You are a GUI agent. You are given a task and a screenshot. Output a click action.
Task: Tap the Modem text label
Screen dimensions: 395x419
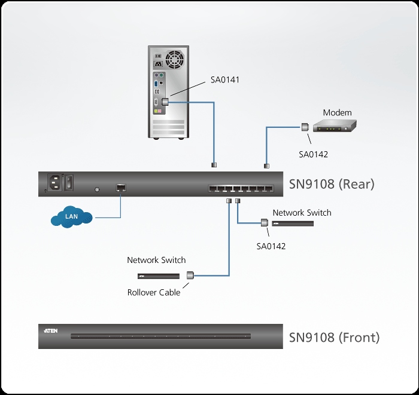[x=338, y=112]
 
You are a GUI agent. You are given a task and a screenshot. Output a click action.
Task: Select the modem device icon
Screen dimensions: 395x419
[x=336, y=125]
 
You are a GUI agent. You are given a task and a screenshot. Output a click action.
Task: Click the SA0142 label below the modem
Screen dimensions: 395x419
[x=313, y=154]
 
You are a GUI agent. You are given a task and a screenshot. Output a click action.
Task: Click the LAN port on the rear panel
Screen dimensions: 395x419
[x=121, y=188]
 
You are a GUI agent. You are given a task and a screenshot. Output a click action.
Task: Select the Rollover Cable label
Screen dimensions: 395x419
[x=153, y=293]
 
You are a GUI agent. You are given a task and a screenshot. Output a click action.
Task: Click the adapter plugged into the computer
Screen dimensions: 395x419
[x=165, y=102]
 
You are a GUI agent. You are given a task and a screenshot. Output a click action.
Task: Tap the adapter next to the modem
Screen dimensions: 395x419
[x=304, y=127]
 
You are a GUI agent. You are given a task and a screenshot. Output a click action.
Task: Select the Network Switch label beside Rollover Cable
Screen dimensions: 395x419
[x=156, y=260]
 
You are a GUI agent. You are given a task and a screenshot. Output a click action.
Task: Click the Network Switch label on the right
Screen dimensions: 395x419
[x=302, y=213]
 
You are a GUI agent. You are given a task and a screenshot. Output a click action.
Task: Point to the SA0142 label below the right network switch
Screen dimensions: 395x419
[x=271, y=245]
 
